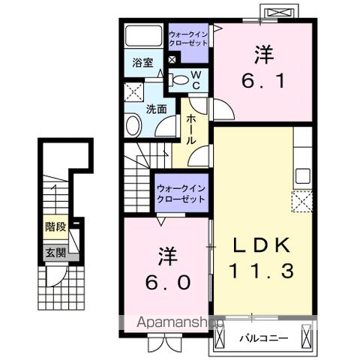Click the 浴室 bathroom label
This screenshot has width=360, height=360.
142,64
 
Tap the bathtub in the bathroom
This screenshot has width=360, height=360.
142,37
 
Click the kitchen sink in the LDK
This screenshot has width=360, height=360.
303,176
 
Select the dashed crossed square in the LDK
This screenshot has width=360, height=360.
303,201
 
